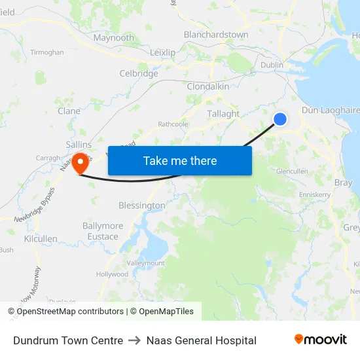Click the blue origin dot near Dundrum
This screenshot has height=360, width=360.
click(279, 118)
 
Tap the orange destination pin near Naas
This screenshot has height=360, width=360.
click(81, 162)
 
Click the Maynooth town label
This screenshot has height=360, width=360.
click(114, 38)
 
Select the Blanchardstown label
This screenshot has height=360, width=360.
click(216, 35)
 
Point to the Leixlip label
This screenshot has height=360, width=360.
click(163, 52)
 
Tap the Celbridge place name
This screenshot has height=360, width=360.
click(139, 74)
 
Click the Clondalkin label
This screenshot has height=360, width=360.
click(208, 86)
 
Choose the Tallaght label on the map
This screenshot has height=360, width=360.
click(223, 113)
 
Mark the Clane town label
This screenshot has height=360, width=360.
click(69, 111)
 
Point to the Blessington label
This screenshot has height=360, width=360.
click(142, 206)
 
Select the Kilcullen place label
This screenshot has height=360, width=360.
click(41, 240)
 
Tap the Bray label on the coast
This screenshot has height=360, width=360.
click(343, 183)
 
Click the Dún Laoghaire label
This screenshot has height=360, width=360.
click(331, 111)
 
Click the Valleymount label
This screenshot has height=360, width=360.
click(145, 263)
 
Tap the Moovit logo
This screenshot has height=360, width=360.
click(321, 340)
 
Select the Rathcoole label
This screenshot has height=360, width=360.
click(173, 124)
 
